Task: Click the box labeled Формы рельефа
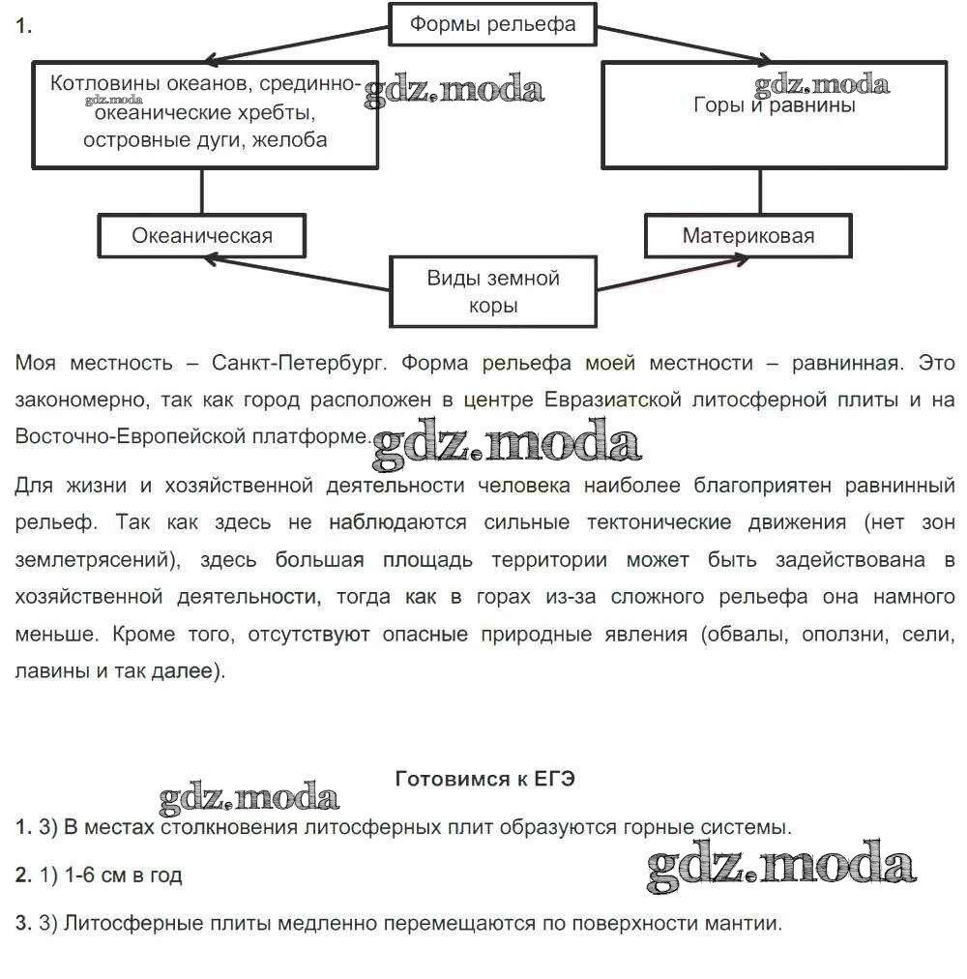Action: [x=492, y=24]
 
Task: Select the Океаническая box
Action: [x=202, y=235]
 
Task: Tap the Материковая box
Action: [x=748, y=235]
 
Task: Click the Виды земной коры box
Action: [x=493, y=291]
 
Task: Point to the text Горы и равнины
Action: [x=774, y=105]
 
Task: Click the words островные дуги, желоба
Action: [x=205, y=139]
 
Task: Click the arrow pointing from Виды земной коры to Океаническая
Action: [x=300, y=273]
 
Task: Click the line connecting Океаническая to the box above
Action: [x=202, y=191]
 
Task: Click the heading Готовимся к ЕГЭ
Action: [x=485, y=779]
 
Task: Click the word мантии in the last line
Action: [x=747, y=923]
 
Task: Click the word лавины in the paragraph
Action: [x=51, y=671]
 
